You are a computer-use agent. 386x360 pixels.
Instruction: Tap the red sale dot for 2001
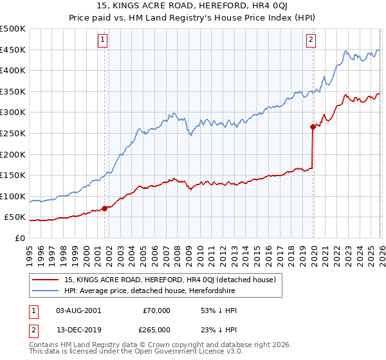pyautogui.click(x=104, y=208)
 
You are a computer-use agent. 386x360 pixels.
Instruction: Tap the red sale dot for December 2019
pyautogui.click(x=313, y=127)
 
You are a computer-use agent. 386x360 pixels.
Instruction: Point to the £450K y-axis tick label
pyautogui.click(x=13, y=50)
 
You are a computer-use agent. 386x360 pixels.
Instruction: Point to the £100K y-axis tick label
pyautogui.click(x=13, y=196)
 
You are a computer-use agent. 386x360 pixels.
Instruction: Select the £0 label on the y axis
pyautogui.click(x=19, y=238)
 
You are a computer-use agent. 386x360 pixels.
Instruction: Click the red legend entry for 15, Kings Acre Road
pyautogui.click(x=170, y=280)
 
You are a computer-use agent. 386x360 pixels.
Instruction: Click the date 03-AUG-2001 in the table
pyautogui.click(x=78, y=310)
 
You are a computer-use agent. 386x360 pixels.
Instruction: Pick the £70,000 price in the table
pyautogui.click(x=156, y=310)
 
